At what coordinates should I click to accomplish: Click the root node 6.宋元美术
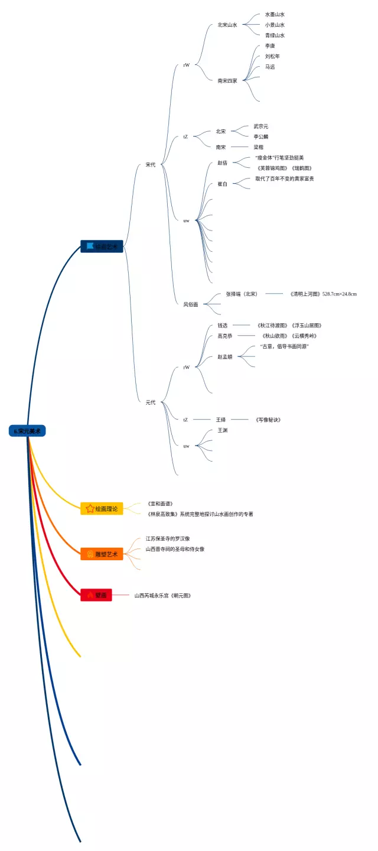coord(27,431)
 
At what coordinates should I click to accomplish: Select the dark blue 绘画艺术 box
coord(102,246)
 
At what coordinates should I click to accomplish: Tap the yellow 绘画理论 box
coord(102,508)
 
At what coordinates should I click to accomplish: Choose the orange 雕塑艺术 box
coord(102,554)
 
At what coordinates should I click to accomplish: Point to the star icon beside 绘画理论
coord(90,508)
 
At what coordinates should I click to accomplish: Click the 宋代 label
coord(151,165)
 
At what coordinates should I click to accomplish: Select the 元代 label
coord(151,402)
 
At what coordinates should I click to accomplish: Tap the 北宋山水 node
coord(227,25)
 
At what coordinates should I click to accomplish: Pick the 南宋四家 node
coord(227,80)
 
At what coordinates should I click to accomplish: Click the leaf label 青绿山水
coord(275,35)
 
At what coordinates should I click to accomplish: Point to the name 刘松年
coord(272,57)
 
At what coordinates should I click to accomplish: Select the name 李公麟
coord(261,137)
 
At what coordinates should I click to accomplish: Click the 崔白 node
coord(223,184)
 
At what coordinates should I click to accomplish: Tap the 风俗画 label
coord(190,304)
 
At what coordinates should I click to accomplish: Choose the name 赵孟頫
coord(224,356)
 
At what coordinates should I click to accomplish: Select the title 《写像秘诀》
coord(268,420)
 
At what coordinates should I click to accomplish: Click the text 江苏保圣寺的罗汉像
coord(168,538)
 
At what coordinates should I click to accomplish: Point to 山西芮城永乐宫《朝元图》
coord(162,595)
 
